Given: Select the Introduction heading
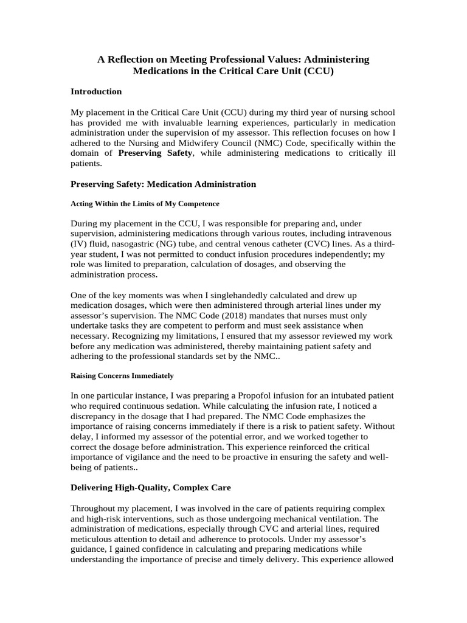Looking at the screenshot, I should pyautogui.click(x=96, y=91).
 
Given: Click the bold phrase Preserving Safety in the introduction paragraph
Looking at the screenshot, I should pyautogui.click(x=155, y=153).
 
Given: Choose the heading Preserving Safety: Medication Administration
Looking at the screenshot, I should pyautogui.click(x=163, y=184).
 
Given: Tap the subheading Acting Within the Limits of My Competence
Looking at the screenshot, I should pyautogui.click(x=145, y=203).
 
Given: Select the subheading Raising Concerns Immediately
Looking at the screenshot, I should pyautogui.click(x=122, y=375).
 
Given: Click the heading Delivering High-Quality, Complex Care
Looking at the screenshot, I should pyautogui.click(x=151, y=487).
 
